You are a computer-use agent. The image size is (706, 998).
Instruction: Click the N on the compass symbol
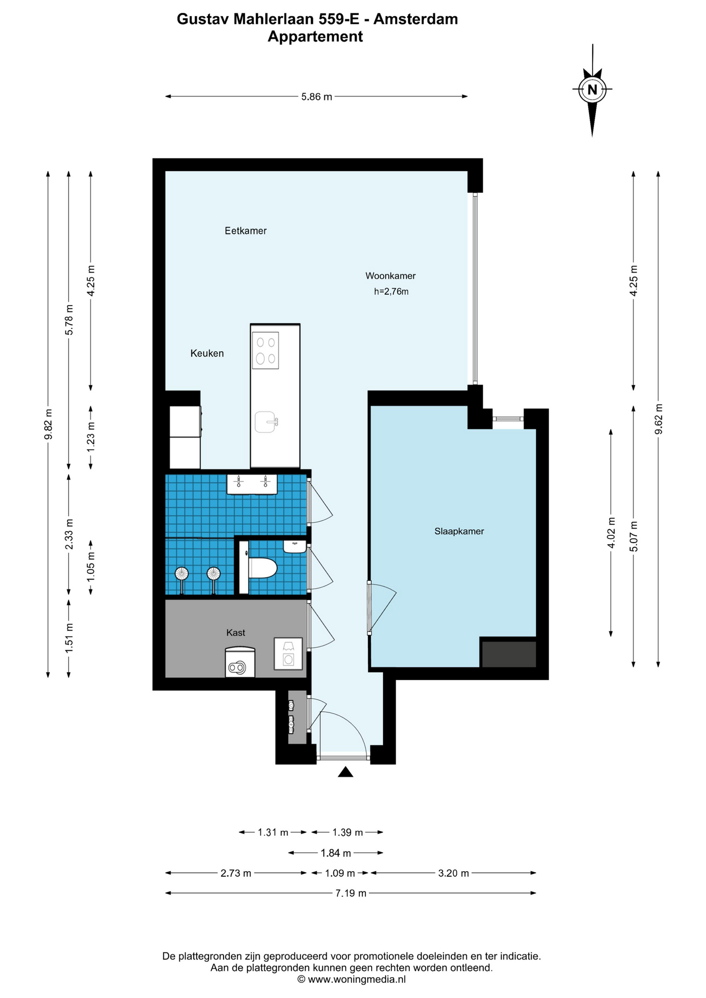pos(592,89)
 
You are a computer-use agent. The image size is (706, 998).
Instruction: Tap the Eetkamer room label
pos(245,231)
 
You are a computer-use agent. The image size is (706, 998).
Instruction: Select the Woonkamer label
pos(390,276)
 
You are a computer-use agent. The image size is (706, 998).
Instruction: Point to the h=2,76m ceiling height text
pos(391,292)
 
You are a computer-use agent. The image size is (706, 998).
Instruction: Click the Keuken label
pos(207,353)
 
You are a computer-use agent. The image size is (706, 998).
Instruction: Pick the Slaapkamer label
pos(459,531)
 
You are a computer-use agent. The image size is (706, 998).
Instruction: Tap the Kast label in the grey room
pos(236,633)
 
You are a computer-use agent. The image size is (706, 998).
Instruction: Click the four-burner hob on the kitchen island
pos(265,350)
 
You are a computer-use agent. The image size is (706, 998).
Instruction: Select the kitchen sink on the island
pos(266,422)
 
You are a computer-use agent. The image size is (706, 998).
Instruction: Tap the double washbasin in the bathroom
pos(252,484)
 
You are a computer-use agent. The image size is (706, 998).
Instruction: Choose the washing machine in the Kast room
pos(288,654)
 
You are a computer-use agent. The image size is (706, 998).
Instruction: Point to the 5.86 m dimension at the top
pos(317,97)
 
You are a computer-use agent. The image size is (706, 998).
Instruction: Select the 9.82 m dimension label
pos(48,424)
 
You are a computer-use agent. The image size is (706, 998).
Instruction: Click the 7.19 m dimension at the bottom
pos(351,893)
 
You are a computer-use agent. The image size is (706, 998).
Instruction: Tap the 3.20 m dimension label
pos(453,873)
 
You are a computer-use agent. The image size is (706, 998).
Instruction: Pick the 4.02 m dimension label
pos(611,533)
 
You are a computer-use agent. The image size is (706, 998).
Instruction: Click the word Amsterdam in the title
pos(416,19)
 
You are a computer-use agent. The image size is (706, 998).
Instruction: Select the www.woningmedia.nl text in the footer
pos(357,979)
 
